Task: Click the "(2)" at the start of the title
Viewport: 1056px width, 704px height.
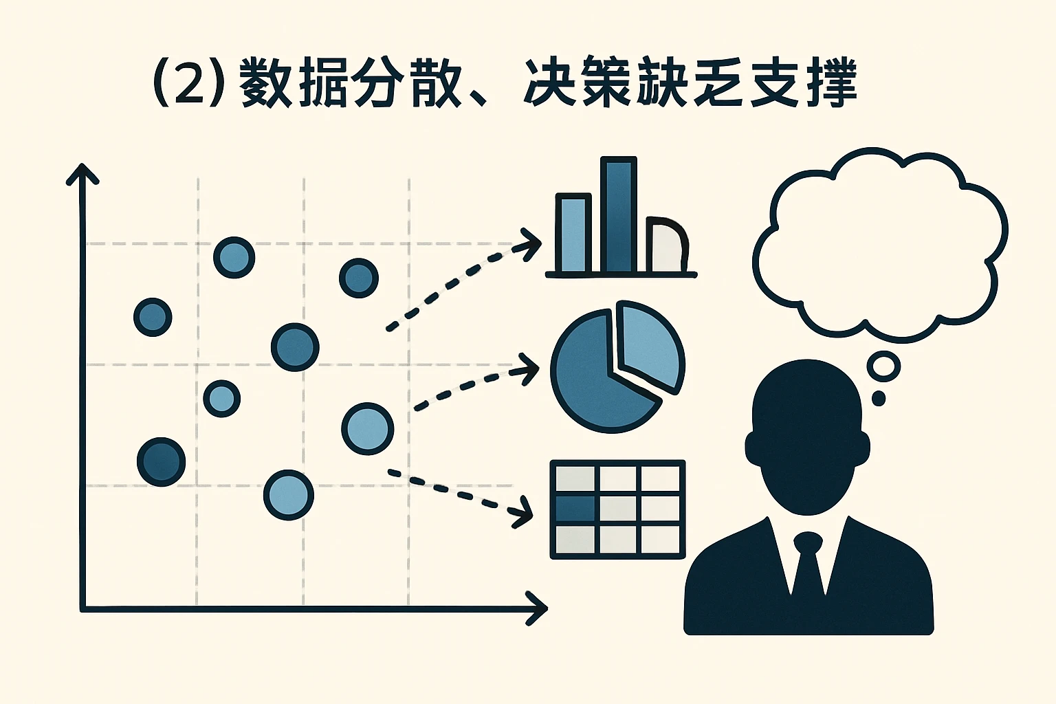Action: [x=188, y=84]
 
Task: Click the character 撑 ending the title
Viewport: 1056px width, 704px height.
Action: [x=831, y=84]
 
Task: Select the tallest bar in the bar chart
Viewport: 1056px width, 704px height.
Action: [x=618, y=214]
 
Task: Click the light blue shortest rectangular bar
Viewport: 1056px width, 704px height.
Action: [x=573, y=234]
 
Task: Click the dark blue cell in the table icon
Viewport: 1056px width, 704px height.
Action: [x=575, y=509]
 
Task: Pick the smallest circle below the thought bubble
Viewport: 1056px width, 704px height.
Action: [x=878, y=398]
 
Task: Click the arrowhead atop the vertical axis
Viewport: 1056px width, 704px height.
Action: [x=82, y=173]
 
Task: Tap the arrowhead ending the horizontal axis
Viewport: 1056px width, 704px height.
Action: [x=537, y=608]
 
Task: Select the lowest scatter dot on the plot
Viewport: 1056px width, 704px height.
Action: [x=289, y=495]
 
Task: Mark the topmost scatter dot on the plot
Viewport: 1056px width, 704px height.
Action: [x=234, y=258]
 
